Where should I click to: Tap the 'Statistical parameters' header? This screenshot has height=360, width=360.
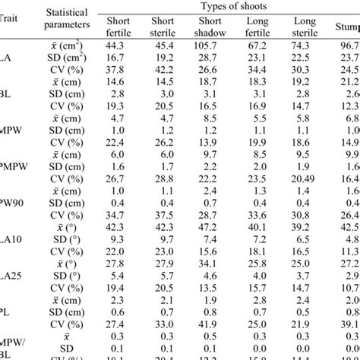coord(68,19)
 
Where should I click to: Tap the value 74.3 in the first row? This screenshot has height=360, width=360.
coord(305,45)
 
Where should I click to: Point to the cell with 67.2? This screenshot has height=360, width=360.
coord(257,45)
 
